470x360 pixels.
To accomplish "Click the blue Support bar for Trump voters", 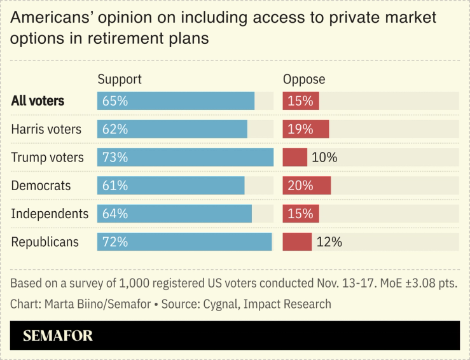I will point(185,157).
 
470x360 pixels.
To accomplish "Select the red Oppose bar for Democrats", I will point(307,186).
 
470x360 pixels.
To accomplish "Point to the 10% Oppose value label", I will point(324,157).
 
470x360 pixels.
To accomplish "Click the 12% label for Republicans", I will point(329,242).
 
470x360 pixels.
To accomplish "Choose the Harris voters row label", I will point(46,129).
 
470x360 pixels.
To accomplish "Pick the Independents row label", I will point(50,214).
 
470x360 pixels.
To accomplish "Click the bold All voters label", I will point(38,101).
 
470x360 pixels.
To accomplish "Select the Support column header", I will point(119,80).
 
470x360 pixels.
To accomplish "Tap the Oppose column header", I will point(303,80).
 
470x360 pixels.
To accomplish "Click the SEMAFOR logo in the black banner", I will point(58,336).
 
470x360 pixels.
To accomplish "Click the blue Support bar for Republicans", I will point(184,242).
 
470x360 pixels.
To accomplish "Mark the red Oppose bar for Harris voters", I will point(305,129).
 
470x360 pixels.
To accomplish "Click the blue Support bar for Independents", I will point(174,214).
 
